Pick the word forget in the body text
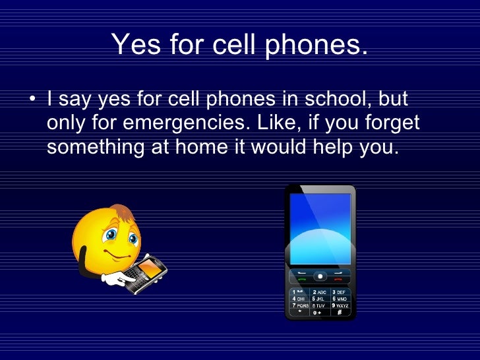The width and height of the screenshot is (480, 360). point(394,124)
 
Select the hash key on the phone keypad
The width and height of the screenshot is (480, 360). point(339,313)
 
